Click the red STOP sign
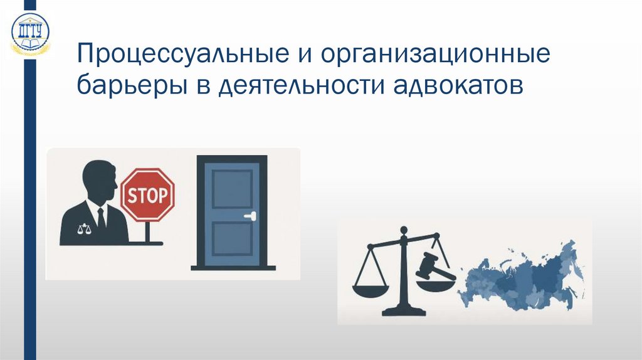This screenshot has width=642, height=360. coord(147,195)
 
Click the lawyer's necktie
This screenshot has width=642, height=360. coord(102,217)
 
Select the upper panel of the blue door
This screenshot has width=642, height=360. coord(231,188)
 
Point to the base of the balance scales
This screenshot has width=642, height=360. coord(402,310)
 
